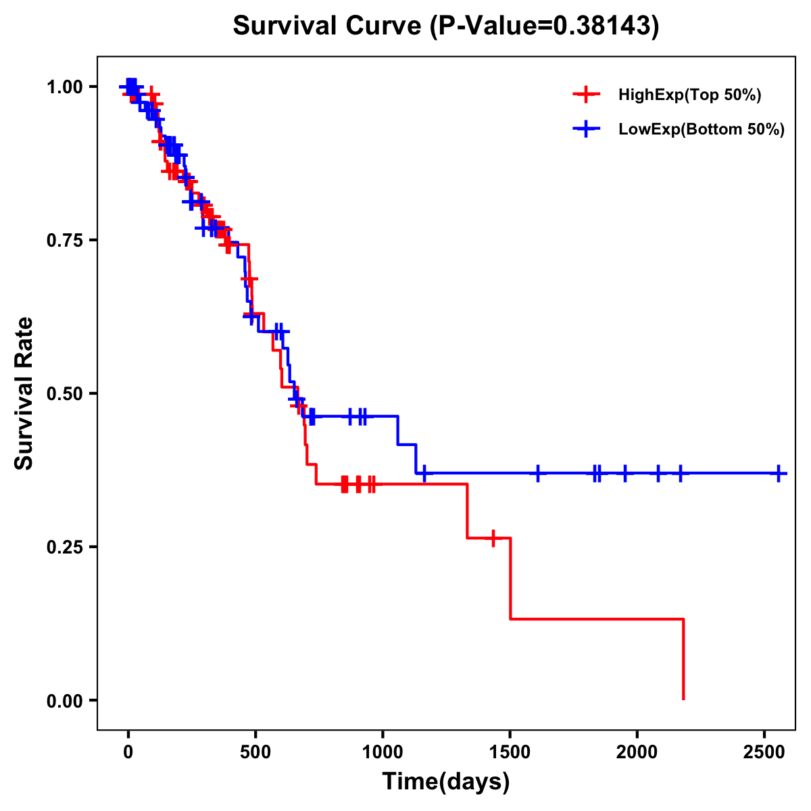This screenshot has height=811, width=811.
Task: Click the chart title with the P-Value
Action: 446,26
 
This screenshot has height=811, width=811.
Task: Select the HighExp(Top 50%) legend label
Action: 690,95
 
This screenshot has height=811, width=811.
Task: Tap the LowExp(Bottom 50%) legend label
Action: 702,130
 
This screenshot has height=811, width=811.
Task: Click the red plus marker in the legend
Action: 586,95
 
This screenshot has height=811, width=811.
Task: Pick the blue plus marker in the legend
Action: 586,129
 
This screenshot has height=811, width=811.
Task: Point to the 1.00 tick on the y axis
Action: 65,87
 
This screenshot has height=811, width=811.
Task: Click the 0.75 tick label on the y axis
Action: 65,241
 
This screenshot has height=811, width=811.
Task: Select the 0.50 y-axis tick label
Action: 65,394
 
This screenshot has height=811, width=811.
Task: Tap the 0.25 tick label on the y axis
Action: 65,547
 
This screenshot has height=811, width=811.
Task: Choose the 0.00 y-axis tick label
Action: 65,701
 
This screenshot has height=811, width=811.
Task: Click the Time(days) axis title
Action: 446,782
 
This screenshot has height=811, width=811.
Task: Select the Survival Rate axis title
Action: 24,393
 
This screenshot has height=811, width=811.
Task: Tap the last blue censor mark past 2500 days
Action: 779,474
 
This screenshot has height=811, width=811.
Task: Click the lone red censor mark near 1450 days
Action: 493,538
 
